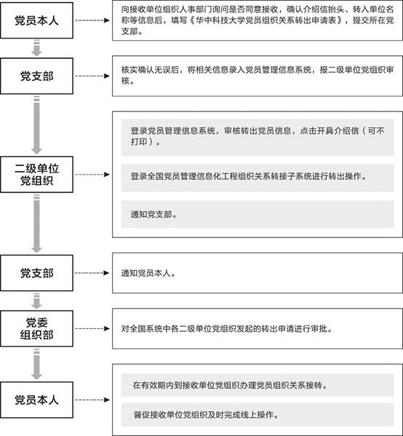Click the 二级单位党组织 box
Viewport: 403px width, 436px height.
click(36, 175)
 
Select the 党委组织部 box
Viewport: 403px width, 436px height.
click(36, 329)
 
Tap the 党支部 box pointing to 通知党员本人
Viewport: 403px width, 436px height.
click(36, 273)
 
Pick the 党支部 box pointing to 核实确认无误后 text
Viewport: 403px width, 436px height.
click(36, 76)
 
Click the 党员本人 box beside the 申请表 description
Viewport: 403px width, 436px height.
click(36, 20)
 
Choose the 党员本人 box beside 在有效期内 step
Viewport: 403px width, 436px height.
click(36, 400)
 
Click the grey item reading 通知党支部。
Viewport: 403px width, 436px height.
click(258, 215)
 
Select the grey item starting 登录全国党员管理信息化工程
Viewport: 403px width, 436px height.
click(258, 178)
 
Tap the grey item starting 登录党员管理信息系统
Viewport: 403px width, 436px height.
click(258, 138)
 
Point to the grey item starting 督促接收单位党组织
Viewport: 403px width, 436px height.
click(258, 415)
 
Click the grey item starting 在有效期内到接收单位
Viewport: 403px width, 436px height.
click(258, 385)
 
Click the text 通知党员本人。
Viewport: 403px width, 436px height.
click(148, 274)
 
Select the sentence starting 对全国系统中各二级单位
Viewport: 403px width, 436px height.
click(227, 329)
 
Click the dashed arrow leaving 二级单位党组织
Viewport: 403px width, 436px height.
click(92, 175)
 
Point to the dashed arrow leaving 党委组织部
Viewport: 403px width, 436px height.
click(92, 329)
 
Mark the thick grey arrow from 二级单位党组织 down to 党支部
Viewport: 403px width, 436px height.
click(36, 223)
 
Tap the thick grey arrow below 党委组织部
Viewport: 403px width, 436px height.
click(36, 364)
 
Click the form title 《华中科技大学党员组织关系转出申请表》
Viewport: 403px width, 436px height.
click(264, 20)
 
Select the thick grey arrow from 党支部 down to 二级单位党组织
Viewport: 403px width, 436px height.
click(36, 125)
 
